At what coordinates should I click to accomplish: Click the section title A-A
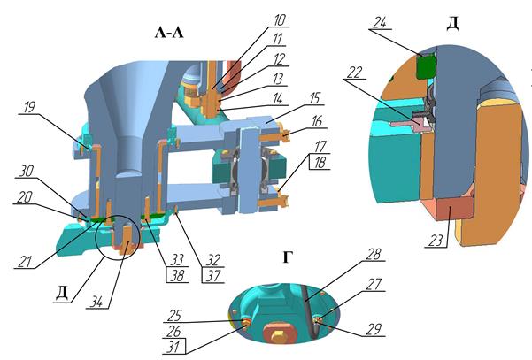[169, 33]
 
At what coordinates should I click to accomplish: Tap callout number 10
[280, 20]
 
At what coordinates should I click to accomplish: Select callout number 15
[314, 98]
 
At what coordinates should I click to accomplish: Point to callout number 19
[29, 107]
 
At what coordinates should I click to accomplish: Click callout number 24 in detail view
[380, 23]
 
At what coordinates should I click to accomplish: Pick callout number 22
[355, 73]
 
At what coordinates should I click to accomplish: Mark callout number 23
[436, 241]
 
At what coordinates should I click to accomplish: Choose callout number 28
[374, 254]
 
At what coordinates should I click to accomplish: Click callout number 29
[374, 330]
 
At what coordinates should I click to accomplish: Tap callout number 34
[96, 302]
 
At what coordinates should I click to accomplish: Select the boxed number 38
[177, 276]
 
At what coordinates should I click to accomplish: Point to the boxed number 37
[213, 276]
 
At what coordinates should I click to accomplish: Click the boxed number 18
[320, 163]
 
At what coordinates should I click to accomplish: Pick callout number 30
[27, 172]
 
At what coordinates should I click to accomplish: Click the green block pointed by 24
[426, 66]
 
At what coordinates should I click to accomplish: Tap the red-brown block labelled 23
[450, 208]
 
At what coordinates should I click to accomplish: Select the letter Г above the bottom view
[287, 257]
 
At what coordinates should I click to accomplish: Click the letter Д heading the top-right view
[453, 23]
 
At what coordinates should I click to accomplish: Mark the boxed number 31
[173, 347]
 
